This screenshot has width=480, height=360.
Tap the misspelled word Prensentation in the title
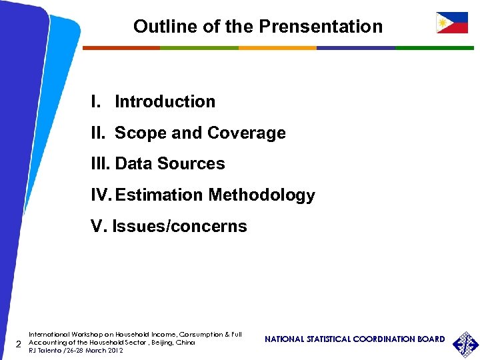click(321, 27)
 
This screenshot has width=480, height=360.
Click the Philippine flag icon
click(451, 23)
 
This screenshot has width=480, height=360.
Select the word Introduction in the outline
click(165, 102)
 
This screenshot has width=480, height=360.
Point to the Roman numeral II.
click(98, 133)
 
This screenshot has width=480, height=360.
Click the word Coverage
click(246, 133)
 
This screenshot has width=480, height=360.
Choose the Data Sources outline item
click(170, 164)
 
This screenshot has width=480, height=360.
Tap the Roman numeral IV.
click(101, 195)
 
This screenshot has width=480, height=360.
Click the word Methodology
click(261, 195)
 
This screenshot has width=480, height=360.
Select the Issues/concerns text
click(179, 227)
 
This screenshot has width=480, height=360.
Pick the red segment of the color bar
click(121, 48)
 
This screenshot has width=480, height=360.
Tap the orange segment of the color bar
click(277, 48)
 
